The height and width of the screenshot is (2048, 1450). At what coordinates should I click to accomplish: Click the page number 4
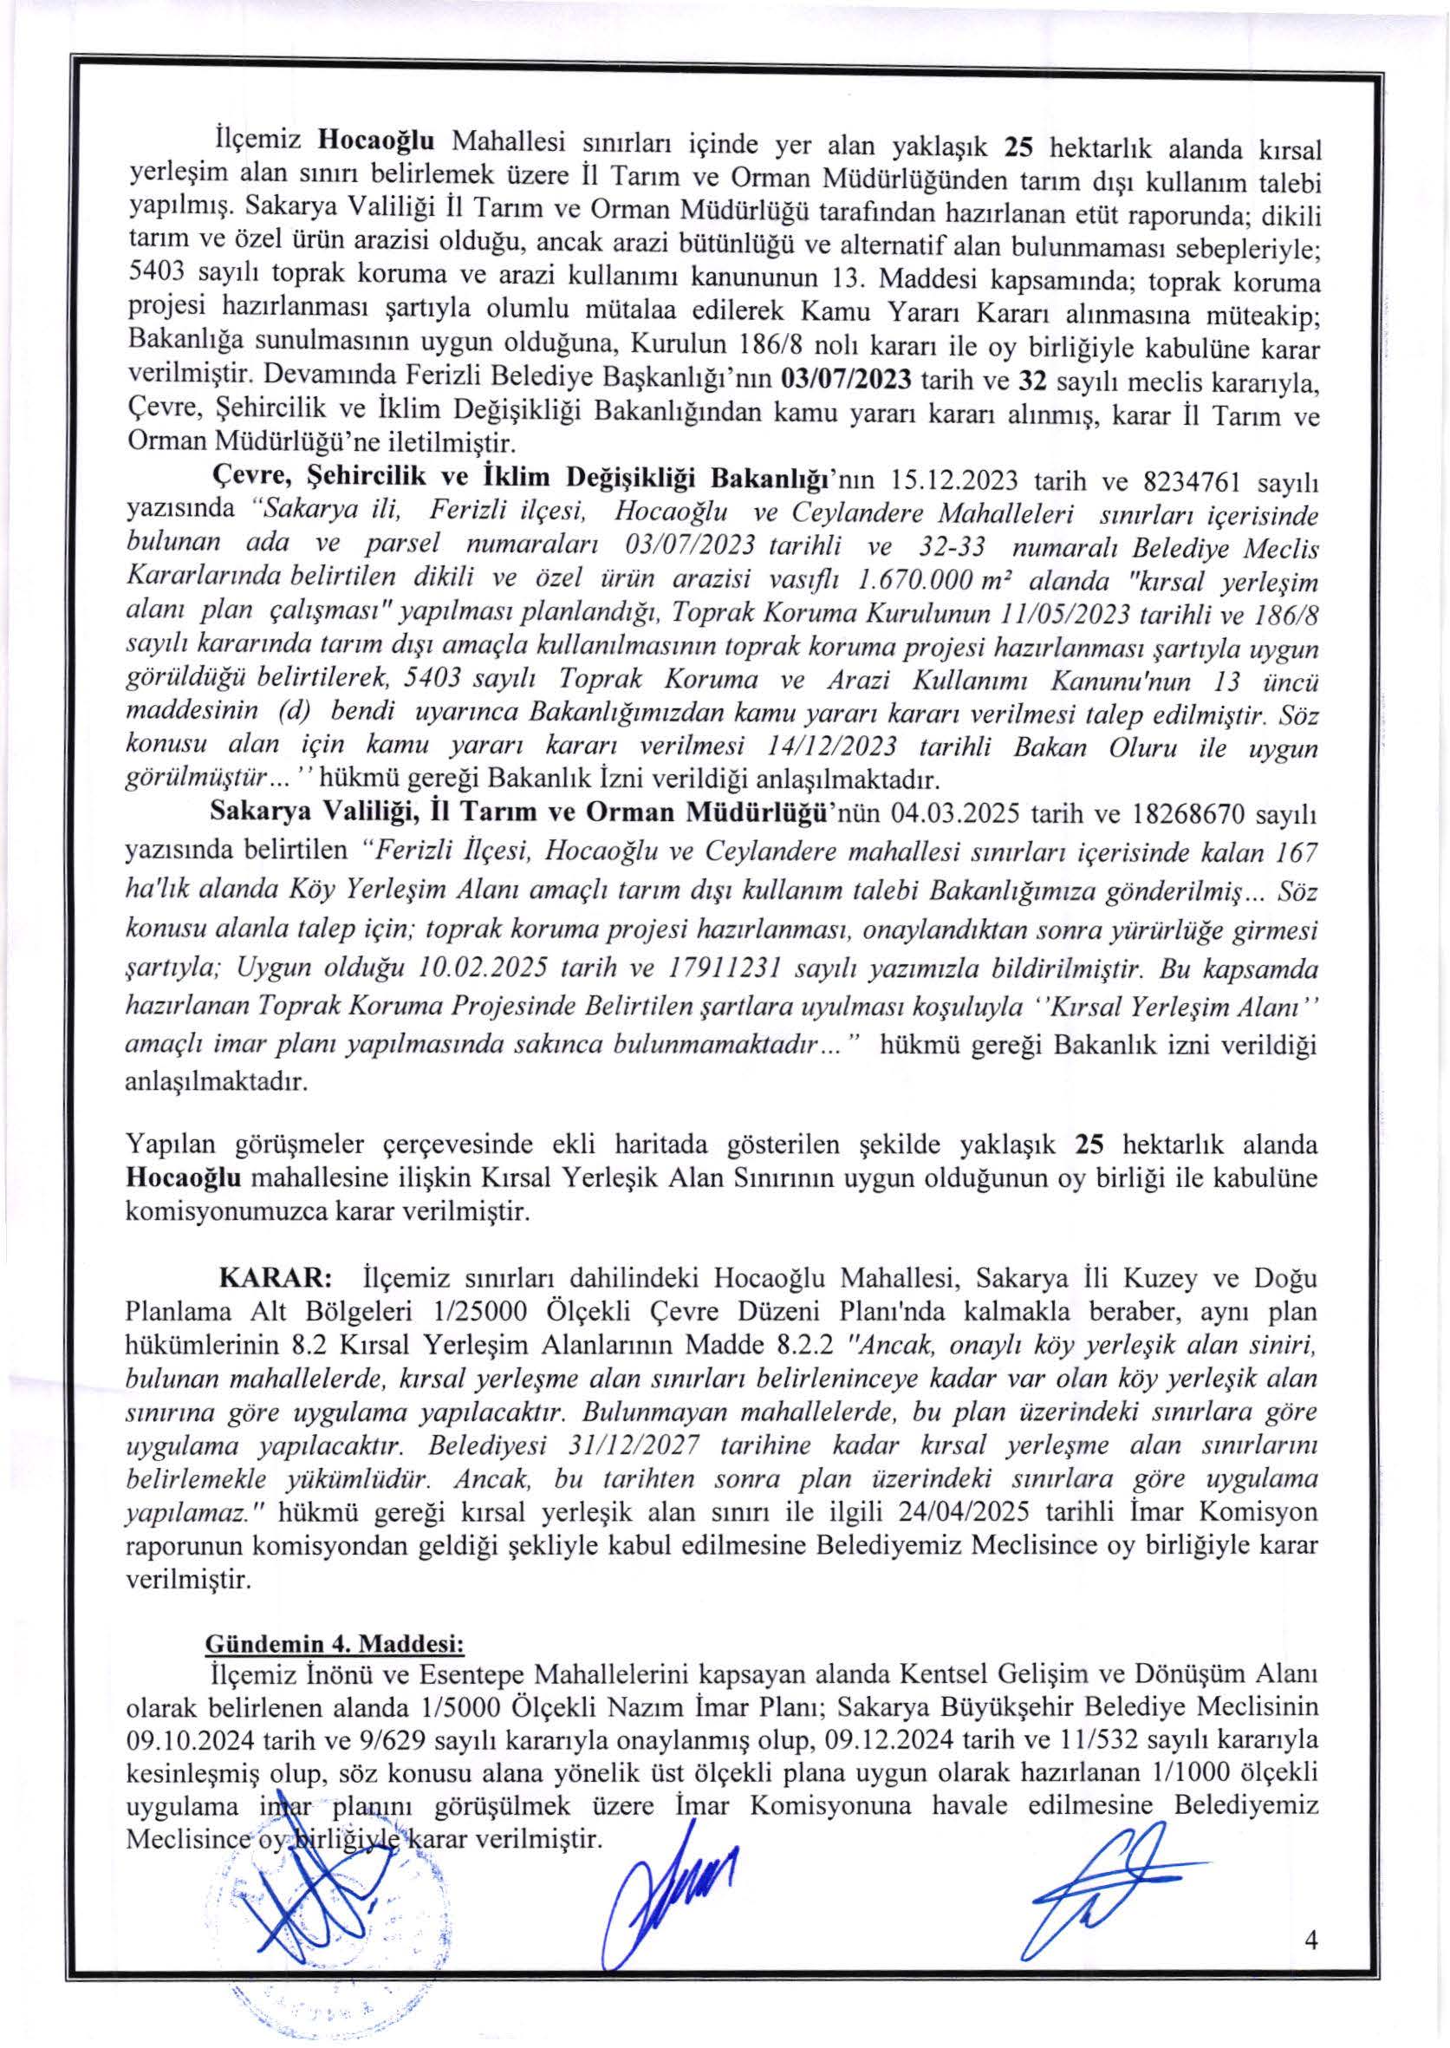(x=1311, y=1962)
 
